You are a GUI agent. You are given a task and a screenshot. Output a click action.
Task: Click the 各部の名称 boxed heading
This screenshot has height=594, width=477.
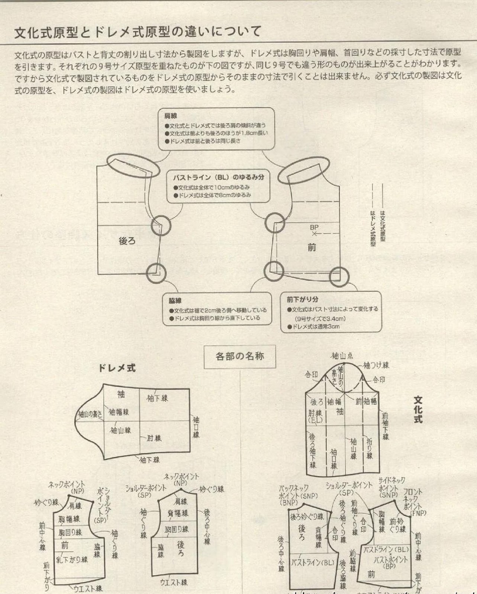[240, 356]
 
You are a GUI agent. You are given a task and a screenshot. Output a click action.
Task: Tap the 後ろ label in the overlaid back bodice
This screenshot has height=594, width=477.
[127, 241]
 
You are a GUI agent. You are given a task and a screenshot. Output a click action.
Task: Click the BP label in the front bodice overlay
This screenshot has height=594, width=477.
[314, 227]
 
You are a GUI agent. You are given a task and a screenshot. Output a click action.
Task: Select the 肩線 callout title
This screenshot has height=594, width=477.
[171, 116]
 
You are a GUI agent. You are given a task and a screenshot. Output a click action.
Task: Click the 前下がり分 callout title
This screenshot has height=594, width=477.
[302, 299]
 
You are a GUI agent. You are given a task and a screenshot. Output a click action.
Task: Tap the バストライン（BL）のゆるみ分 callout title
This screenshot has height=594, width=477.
[219, 177]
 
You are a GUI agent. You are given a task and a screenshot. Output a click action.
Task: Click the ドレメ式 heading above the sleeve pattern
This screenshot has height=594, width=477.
[117, 368]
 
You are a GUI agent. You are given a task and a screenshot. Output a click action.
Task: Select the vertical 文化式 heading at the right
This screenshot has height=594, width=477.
[418, 409]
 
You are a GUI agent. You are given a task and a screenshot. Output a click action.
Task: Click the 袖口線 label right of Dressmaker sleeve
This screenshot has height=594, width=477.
[196, 427]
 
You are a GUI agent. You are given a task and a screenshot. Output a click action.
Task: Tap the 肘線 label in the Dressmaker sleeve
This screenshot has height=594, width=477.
[154, 438]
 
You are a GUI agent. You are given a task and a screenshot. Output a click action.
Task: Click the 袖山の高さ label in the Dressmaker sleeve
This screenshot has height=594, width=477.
[90, 414]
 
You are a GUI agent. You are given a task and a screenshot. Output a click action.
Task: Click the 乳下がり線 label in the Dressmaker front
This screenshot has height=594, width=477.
[72, 559]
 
